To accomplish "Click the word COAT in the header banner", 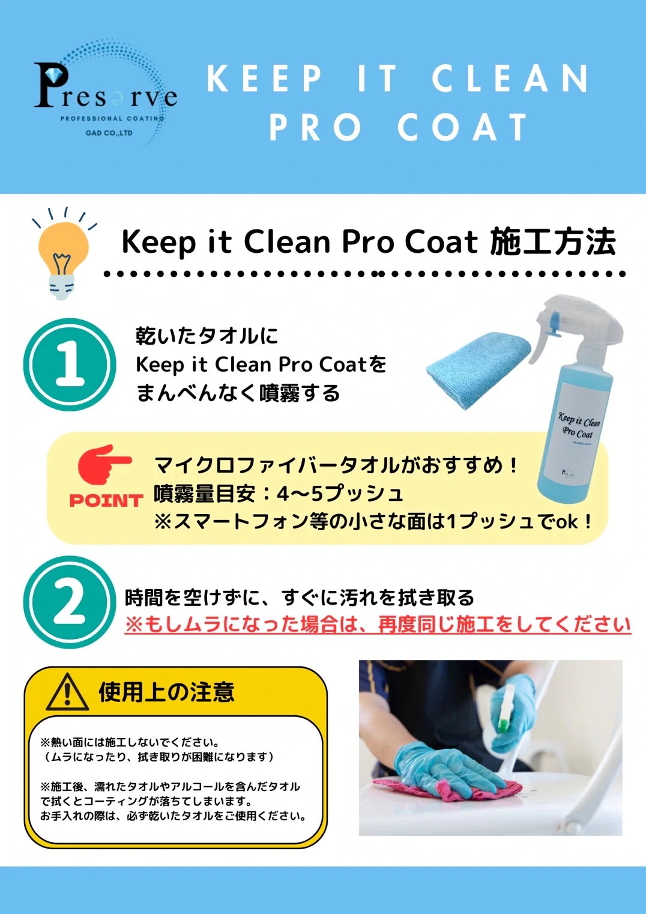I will (462, 127).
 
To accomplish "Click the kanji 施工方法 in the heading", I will (552, 242).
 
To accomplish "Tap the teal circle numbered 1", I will (69, 365).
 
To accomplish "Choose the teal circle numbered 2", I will (69, 602).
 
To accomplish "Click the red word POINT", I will (106, 500).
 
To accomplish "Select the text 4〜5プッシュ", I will (339, 494).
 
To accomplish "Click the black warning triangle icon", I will (67, 692).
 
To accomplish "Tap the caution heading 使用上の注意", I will (166, 692).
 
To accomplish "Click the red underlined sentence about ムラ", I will (378, 625).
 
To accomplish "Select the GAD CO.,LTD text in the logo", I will (109, 133).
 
